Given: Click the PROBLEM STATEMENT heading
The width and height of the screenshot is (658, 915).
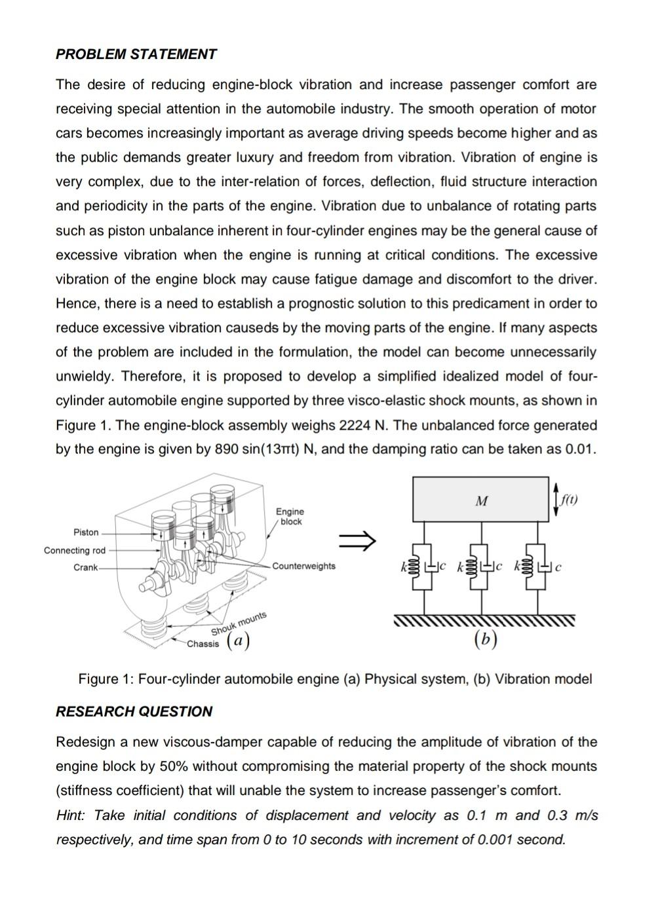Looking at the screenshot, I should coord(136,54).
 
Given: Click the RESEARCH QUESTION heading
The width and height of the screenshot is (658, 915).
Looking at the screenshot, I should coord(134,711).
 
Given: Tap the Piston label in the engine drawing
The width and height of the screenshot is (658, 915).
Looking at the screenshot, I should coord(86,532).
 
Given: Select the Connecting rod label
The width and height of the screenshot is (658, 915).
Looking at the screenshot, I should coord(74,550).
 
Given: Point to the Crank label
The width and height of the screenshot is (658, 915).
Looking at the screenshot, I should coord(85,567).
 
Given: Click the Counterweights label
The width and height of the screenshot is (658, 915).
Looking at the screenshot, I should coord(303,566).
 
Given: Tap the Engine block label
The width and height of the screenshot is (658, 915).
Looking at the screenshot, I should coord(290,516).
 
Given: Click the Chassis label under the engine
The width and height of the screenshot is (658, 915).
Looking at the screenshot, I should coord(203,644).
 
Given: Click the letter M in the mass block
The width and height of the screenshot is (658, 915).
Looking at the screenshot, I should coord(481,502).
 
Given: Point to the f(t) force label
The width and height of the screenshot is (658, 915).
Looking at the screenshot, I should coord(569,500).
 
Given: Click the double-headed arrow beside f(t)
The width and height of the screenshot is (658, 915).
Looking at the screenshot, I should coord(556,500).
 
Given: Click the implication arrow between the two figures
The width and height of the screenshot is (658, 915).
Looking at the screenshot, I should coord(357,540).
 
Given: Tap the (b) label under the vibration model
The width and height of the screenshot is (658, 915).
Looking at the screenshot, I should coord(485,639).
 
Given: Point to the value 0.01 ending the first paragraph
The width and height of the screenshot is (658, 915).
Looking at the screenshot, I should coord(580,449).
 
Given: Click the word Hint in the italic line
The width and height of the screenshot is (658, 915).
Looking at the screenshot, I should coord(71,815).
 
